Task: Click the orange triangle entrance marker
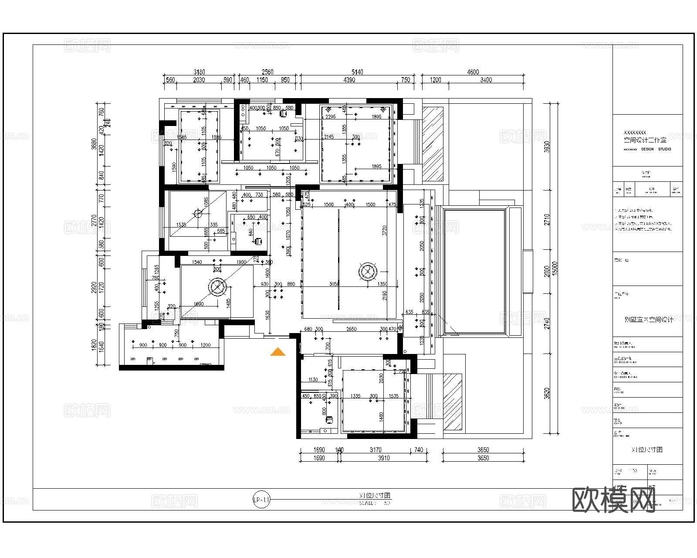pyautogui.click(x=278, y=352)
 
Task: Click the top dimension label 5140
pyautogui.click(x=357, y=72)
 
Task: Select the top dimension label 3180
pyautogui.click(x=199, y=72)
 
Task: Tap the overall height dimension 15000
pyautogui.click(x=555, y=269)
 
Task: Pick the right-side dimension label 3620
pyautogui.click(x=547, y=393)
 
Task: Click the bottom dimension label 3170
pyautogui.click(x=375, y=450)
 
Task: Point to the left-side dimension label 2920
pyautogui.click(x=94, y=288)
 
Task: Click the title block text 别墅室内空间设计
pyautogui.click(x=649, y=320)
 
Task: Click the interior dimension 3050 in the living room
pyautogui.click(x=334, y=284)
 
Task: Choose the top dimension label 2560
pyautogui.click(x=267, y=72)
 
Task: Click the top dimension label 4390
pyautogui.click(x=349, y=80)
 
